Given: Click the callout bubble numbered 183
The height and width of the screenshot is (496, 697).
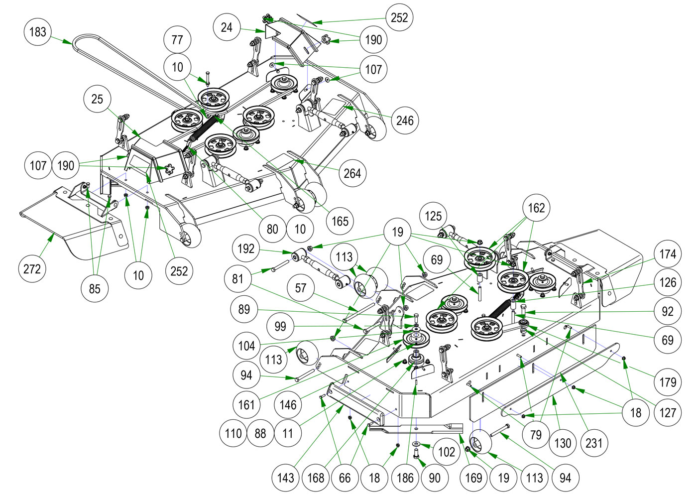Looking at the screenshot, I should [x=37, y=32].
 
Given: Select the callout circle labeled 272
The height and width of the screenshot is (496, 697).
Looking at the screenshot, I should [x=32, y=269].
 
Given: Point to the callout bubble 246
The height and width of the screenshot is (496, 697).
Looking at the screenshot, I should [x=405, y=120].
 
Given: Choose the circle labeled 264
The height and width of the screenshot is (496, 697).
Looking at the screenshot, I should [x=352, y=173].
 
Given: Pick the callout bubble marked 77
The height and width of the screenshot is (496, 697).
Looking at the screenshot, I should [x=177, y=39].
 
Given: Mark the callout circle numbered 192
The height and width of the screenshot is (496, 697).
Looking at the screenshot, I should [x=246, y=248].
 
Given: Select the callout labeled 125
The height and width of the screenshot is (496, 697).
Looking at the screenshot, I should [x=433, y=216].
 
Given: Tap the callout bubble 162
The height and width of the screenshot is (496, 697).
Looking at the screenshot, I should [x=536, y=208].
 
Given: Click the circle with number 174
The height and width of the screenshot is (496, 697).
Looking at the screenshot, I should [x=668, y=254].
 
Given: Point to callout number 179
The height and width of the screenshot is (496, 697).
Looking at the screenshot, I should [x=668, y=382].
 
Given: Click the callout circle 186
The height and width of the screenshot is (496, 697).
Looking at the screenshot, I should [x=405, y=478].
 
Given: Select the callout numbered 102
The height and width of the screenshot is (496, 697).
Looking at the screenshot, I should [x=447, y=452].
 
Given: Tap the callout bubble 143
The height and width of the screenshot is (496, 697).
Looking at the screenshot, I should [x=285, y=478].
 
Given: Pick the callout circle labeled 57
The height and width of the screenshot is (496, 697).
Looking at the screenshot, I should [x=301, y=288].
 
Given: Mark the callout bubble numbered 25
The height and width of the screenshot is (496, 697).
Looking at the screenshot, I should [x=97, y=99].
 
